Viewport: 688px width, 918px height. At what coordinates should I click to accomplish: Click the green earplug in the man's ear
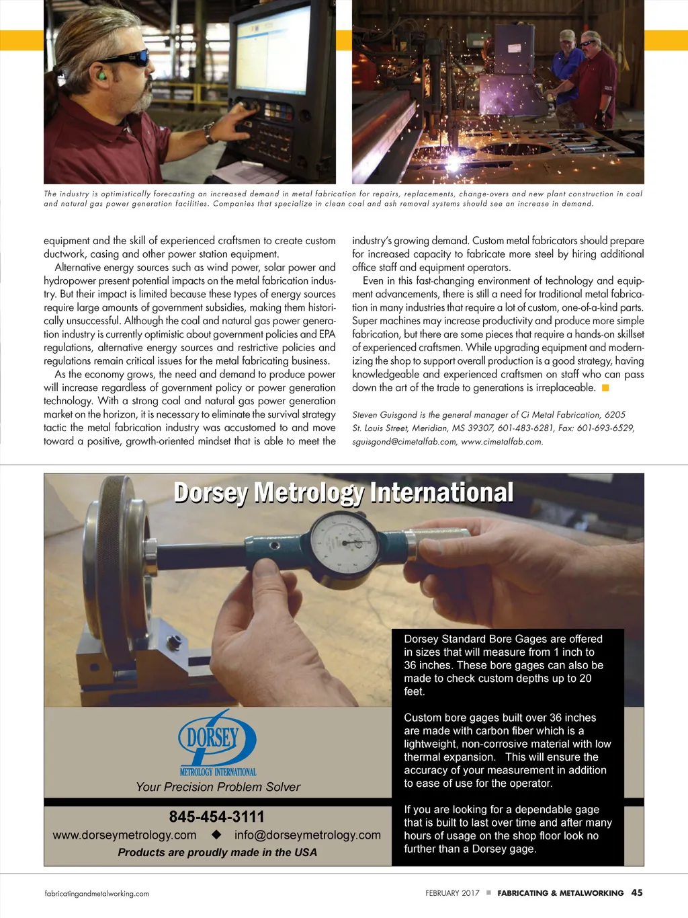[x=102, y=76]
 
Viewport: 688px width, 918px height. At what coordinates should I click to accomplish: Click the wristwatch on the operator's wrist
[x=210, y=133]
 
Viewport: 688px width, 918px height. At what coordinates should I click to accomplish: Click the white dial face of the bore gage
[x=344, y=540]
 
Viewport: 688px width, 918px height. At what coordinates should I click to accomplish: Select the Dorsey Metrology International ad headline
[x=343, y=493]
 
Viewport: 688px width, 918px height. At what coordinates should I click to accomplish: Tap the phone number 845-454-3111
[x=216, y=816]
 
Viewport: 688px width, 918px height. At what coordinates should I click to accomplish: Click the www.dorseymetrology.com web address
[x=124, y=835]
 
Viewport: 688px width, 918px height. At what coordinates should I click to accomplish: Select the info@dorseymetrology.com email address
[x=307, y=835]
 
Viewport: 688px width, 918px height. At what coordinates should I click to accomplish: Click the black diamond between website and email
[x=216, y=835]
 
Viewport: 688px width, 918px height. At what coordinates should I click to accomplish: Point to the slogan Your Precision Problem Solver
[x=218, y=787]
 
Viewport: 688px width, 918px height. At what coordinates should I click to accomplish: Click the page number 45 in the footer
[x=636, y=892]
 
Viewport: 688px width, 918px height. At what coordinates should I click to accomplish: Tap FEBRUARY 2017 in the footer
[x=452, y=893]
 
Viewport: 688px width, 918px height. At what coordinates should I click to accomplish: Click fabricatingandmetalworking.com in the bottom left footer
[x=97, y=894]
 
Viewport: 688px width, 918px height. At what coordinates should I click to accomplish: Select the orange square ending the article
[x=605, y=388]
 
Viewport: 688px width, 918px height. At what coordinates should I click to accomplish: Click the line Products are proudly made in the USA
[x=217, y=852]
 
